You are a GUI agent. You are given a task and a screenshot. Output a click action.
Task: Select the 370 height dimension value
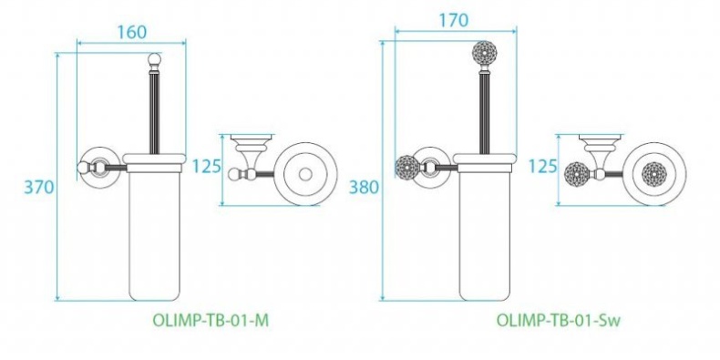[x=39, y=187]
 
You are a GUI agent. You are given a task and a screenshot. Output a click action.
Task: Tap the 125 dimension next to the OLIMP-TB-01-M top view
[x=208, y=167]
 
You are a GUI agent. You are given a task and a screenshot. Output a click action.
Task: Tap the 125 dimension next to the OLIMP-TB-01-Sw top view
[x=543, y=167]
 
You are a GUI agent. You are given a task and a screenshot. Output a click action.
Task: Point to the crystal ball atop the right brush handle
[x=483, y=54]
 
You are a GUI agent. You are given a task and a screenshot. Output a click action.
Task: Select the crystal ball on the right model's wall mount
[x=408, y=169]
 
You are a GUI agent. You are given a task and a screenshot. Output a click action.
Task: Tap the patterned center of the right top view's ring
[x=654, y=171]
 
